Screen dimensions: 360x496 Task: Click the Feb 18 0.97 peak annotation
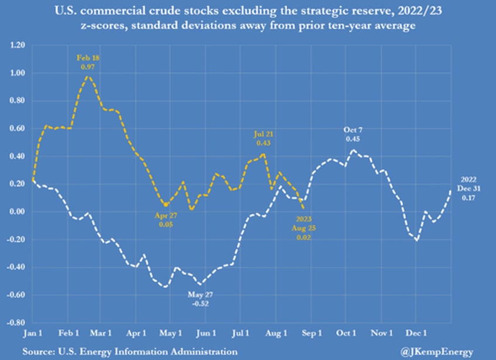pyautogui.click(x=88, y=62)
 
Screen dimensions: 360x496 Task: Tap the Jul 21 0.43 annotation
pyautogui.click(x=264, y=138)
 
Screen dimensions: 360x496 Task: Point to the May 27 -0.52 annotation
pyautogui.click(x=198, y=300)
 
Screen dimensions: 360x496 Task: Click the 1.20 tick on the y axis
pyautogui.click(x=19, y=46)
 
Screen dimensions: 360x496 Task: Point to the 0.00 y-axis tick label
pyautogui.click(x=19, y=212)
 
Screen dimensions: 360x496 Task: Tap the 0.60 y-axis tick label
pyautogui.click(x=19, y=129)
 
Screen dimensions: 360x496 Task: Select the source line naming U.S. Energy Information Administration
pyautogui.click(x=130, y=351)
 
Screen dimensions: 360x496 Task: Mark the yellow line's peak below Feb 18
pyautogui.click(x=88, y=77)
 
